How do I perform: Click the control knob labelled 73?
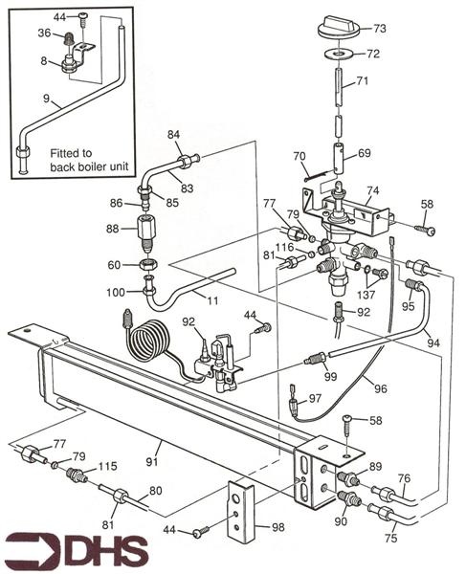click(337, 27)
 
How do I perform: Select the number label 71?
click(363, 82)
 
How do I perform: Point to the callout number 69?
click(364, 152)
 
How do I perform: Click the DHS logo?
click(77, 552)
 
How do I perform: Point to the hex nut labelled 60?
click(147, 265)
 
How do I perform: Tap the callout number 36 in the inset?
click(44, 33)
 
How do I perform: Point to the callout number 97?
click(316, 398)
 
